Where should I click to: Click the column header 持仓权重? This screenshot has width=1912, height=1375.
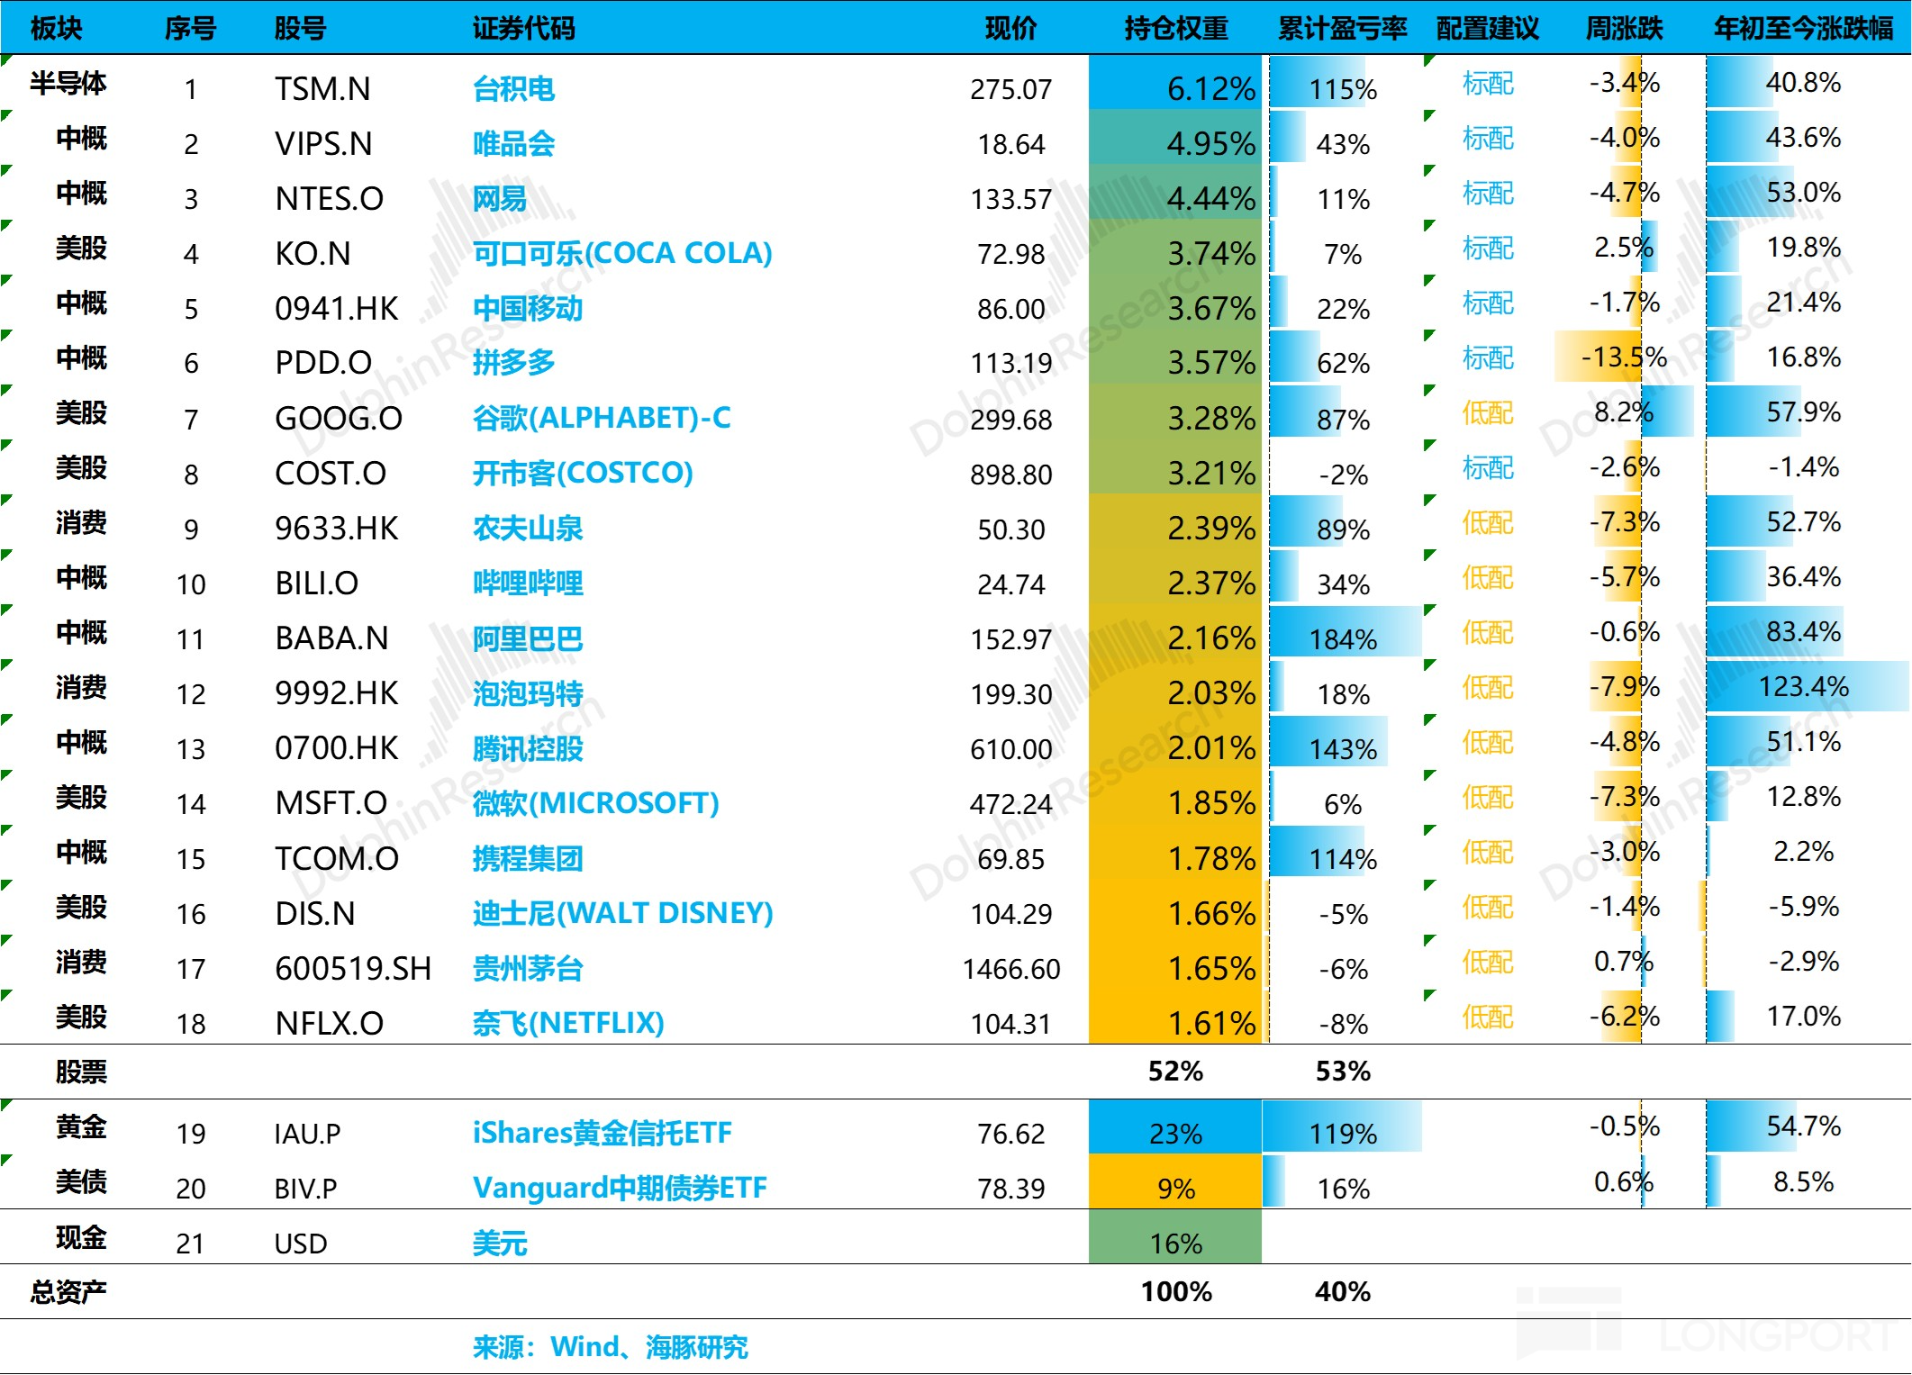[x=1175, y=29]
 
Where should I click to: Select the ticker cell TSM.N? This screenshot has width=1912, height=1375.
[x=322, y=89]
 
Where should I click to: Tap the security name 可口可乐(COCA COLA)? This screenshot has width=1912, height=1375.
[x=622, y=254]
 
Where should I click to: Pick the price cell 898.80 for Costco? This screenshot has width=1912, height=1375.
[x=1010, y=475]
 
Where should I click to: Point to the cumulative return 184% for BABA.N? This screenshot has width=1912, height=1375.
[x=1342, y=639]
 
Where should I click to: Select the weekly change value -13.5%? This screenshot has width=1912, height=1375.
[x=1623, y=357]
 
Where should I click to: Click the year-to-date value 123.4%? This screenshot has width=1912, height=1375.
[x=1803, y=687]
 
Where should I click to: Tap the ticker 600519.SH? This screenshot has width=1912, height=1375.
[x=353, y=969]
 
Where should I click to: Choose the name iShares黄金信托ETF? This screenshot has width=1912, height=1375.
[x=602, y=1133]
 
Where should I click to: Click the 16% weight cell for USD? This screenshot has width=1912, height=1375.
[x=1175, y=1244]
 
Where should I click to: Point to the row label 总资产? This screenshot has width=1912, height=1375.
[x=68, y=1292]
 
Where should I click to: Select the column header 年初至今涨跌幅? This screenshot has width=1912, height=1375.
[x=1803, y=29]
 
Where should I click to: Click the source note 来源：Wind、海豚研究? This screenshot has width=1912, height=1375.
[x=610, y=1347]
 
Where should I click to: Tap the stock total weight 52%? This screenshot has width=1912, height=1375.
[x=1175, y=1072]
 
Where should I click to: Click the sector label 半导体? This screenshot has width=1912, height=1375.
[x=68, y=84]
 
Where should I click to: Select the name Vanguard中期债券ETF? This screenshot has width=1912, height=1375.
[x=620, y=1188]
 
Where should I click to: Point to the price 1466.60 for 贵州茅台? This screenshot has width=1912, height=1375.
[x=1010, y=969]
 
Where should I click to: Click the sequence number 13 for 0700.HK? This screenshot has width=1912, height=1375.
[x=191, y=749]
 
